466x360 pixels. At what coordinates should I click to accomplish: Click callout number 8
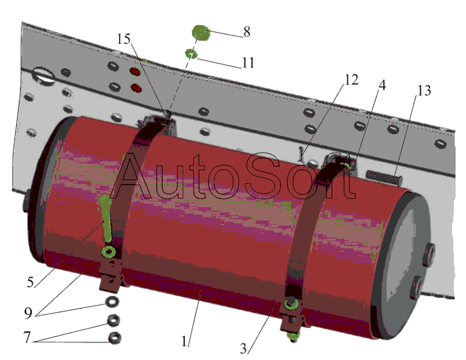click(x=247, y=31)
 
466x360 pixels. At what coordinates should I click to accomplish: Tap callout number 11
click(x=248, y=62)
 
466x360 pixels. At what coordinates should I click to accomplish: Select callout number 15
click(x=124, y=39)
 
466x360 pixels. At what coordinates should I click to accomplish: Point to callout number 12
click(x=351, y=80)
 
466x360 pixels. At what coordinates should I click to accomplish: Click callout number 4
click(x=383, y=85)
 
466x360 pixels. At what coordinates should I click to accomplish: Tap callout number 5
click(x=30, y=282)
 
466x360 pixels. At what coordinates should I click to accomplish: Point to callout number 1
click(x=185, y=341)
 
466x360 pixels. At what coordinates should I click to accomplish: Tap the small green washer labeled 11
click(x=191, y=54)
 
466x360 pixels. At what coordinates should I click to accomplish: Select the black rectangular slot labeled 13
click(x=384, y=177)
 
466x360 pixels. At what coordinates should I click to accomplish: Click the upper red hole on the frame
click(x=135, y=72)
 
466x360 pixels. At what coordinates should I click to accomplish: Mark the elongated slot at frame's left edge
click(x=42, y=74)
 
